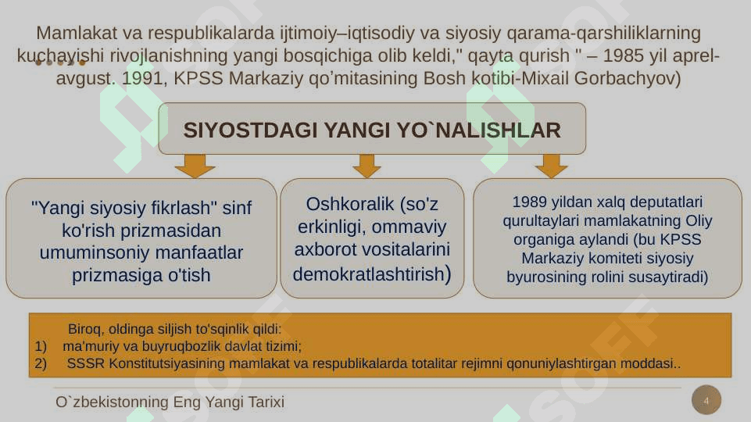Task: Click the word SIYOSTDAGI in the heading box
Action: (x=250, y=131)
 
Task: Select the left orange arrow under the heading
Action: (x=195, y=166)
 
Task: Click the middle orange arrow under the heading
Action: (x=367, y=166)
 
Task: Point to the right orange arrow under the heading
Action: (x=552, y=166)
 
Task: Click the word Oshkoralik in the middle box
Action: (x=349, y=204)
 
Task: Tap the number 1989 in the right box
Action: (x=530, y=202)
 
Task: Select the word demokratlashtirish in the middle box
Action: (x=369, y=274)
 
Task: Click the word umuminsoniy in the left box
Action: (x=91, y=253)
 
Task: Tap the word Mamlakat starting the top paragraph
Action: (x=77, y=33)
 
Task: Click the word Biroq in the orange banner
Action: (x=84, y=330)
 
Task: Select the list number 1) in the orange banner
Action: (x=41, y=346)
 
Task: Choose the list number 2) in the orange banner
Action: (x=41, y=363)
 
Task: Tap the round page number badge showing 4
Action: (x=706, y=400)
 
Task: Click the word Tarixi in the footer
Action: (x=266, y=402)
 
